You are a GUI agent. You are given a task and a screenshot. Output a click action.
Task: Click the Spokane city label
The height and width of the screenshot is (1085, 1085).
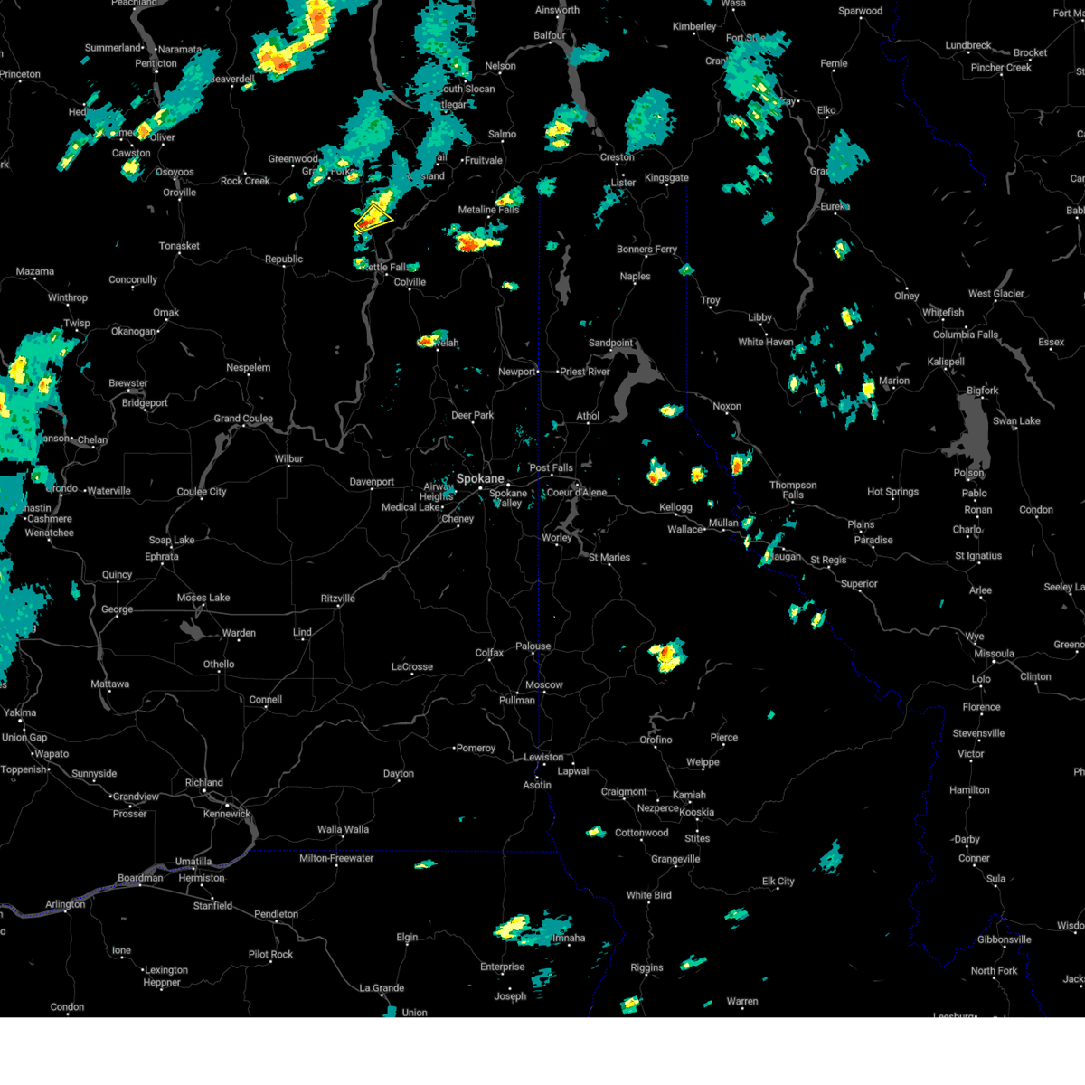coord(479,478)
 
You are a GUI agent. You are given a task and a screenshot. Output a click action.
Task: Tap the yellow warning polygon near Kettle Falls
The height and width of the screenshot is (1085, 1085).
coord(372,219)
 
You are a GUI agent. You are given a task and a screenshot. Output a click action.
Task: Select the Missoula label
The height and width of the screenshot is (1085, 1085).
coord(994,654)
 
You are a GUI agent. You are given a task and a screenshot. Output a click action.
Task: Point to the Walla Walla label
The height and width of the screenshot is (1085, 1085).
coord(343,829)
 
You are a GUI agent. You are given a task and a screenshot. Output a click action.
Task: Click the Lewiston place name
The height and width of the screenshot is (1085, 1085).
coord(543,757)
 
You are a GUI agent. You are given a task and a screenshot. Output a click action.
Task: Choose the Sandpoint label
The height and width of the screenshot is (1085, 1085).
coord(611,343)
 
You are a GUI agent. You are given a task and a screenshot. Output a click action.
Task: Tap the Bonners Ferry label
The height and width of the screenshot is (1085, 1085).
coord(646,250)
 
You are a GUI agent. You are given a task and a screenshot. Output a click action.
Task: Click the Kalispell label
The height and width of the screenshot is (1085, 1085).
coord(946,362)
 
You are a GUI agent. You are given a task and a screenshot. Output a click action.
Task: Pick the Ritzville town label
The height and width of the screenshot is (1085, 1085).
coord(338,599)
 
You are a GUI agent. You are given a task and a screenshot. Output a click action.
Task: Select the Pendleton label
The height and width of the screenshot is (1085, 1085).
coord(276,914)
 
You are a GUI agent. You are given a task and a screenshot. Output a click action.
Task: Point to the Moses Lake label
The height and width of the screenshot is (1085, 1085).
coord(203,598)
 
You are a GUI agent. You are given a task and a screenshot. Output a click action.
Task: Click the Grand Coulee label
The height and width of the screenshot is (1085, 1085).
coord(243,419)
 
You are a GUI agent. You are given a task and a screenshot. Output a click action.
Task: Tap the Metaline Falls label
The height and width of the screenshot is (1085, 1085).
coord(488,210)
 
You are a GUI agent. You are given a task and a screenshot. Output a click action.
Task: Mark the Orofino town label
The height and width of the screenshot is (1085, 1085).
coord(656,740)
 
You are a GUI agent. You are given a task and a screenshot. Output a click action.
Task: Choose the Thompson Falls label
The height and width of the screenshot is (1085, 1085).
coord(792,490)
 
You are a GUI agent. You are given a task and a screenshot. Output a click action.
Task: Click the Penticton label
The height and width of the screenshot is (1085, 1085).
coord(156,63)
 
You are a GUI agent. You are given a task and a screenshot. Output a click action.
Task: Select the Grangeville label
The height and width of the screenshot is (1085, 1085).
coord(675,859)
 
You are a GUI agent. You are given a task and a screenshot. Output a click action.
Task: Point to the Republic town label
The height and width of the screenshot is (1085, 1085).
coord(284,259)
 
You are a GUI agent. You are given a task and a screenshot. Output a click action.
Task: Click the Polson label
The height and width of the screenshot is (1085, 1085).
coord(968,473)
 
